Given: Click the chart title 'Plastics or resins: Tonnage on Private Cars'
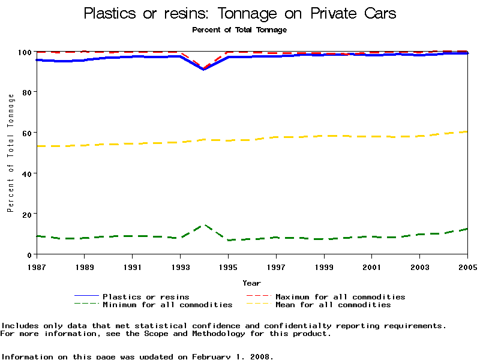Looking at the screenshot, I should coord(240,13).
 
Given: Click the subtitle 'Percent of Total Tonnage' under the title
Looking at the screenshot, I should coord(239,29).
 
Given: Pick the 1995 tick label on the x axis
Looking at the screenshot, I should coord(228,266).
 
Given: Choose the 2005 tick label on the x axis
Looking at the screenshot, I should coord(467,266).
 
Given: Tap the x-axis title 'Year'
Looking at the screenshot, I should coord(251,283).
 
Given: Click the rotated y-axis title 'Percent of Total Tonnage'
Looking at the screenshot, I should coord(10,152).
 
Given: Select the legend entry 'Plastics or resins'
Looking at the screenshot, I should coord(146,296).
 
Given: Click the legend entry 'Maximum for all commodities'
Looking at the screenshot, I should coord(340,296).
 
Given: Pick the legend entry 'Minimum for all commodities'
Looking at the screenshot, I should coord(167,305).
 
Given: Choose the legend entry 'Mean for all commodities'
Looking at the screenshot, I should coord(333,305).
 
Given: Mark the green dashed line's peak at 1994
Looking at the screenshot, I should coord(204,225).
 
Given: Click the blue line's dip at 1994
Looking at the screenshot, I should coord(204,69).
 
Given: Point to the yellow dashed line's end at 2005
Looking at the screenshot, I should coord(467,131).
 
